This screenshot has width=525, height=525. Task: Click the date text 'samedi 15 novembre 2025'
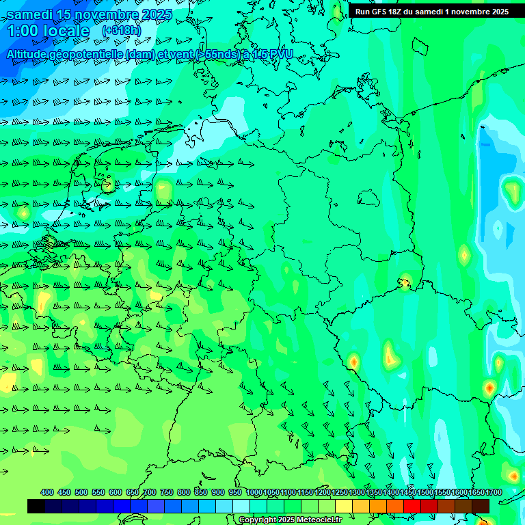click(90, 14)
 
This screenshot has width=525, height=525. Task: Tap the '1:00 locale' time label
click(48, 31)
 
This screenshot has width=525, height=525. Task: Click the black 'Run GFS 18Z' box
click(431, 12)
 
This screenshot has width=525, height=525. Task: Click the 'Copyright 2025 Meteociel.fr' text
click(290, 520)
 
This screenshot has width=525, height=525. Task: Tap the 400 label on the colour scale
click(47, 492)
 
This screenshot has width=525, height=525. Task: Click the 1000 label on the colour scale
click(254, 492)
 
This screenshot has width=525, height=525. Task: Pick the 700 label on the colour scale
click(150, 492)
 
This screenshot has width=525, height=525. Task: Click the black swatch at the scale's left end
click(36, 506)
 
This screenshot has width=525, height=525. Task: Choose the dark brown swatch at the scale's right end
click(481, 506)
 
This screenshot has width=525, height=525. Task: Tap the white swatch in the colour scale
click(241, 506)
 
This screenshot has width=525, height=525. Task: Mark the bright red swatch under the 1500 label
click(412, 506)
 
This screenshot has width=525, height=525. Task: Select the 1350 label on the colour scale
click(373, 492)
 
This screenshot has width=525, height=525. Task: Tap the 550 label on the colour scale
click(98, 492)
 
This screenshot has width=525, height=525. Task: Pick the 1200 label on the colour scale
click(322, 492)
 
